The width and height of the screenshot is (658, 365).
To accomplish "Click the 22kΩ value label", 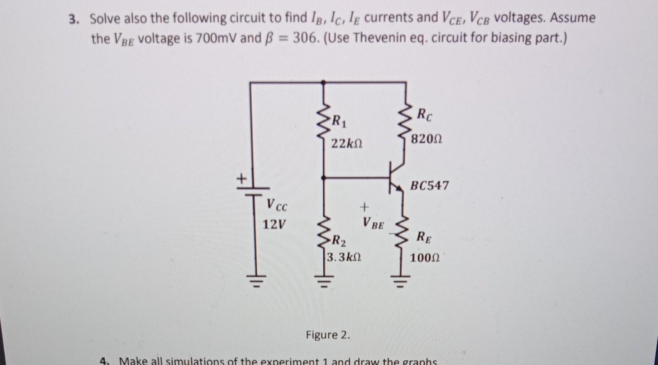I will pyautogui.click(x=347, y=144).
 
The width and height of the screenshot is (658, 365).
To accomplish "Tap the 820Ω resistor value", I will pyautogui.click(x=426, y=138).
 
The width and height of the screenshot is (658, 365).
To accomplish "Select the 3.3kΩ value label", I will pyautogui.click(x=344, y=257).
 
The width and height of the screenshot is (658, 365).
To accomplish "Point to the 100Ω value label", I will pyautogui.click(x=425, y=257).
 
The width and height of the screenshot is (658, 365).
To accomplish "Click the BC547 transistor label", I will pyautogui.click(x=429, y=186).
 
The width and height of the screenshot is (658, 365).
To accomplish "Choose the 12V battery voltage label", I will pyautogui.click(x=274, y=225).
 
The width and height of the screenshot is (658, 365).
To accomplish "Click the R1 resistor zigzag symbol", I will pyautogui.click(x=324, y=118).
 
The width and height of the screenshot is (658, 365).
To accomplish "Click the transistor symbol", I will pyautogui.click(x=396, y=177).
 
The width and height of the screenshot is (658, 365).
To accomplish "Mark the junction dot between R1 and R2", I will pyautogui.click(x=324, y=177).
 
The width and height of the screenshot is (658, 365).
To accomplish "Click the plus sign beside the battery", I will pyautogui.click(x=242, y=178).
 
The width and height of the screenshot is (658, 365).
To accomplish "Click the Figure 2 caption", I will pyautogui.click(x=328, y=335).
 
